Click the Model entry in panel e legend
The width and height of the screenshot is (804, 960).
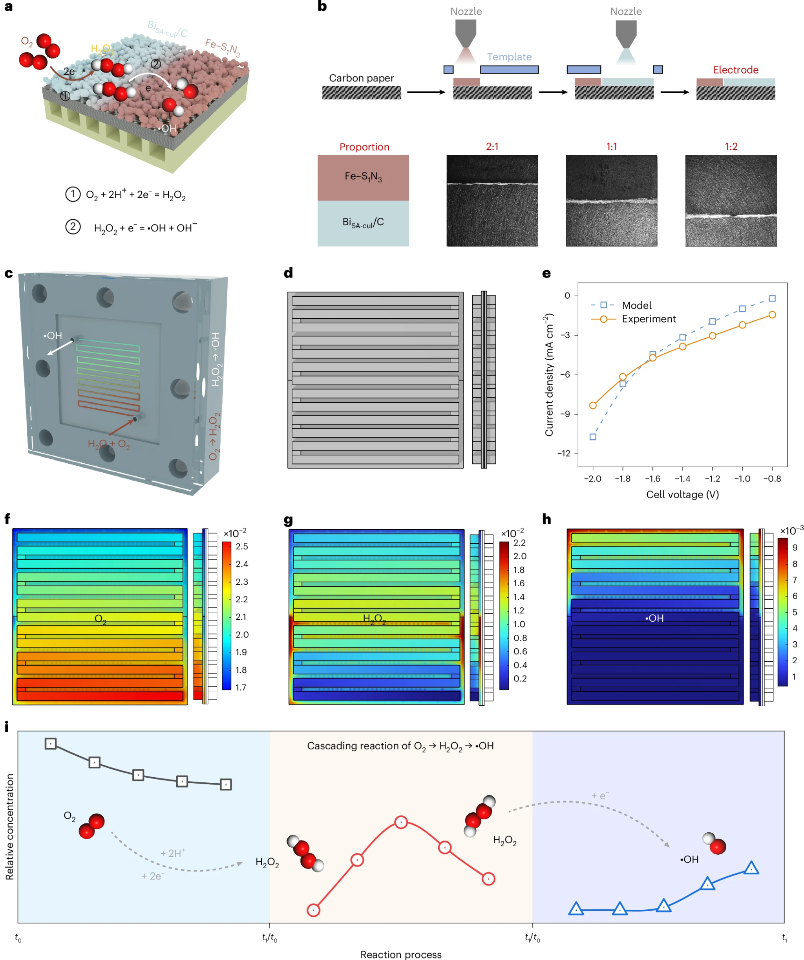pyautogui.click(x=636, y=305)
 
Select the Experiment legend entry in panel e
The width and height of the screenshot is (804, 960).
pyautogui.click(x=649, y=319)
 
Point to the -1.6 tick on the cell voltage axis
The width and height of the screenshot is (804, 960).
pyautogui.click(x=652, y=479)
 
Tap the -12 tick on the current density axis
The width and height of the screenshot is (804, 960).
pyautogui.click(x=564, y=453)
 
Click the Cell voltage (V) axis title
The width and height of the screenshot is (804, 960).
pyautogui.click(x=682, y=495)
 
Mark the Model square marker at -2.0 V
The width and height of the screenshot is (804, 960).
pyautogui.click(x=593, y=437)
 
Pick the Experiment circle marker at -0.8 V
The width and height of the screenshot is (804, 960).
pyautogui.click(x=772, y=315)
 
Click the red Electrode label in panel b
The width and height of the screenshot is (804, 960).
pyautogui.click(x=735, y=70)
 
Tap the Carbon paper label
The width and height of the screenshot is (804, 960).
pyautogui.click(x=361, y=78)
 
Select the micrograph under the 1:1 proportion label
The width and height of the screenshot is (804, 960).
pyautogui.click(x=611, y=201)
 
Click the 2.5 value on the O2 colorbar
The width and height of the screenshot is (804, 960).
pyautogui.click(x=242, y=547)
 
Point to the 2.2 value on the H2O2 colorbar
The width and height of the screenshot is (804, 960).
pyautogui.click(x=519, y=543)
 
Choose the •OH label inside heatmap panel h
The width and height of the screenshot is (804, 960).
pyautogui.click(x=654, y=619)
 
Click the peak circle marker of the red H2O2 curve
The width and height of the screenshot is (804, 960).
pyautogui.click(x=401, y=822)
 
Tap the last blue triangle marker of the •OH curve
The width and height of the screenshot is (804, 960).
pyautogui.click(x=751, y=868)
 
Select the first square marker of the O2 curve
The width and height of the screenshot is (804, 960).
pyautogui.click(x=51, y=744)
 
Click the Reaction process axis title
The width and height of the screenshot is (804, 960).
pyautogui.click(x=401, y=954)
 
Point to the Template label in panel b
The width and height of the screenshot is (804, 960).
pyautogui.click(x=509, y=57)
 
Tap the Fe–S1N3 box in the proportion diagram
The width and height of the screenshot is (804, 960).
pyautogui.click(x=363, y=177)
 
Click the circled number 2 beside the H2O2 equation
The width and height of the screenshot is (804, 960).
pyautogui.click(x=73, y=227)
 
